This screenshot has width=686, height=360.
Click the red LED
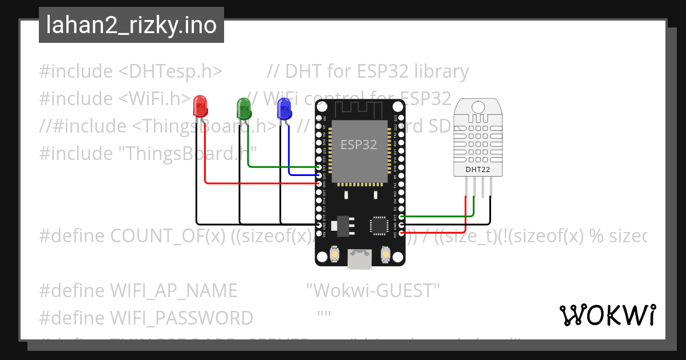(200, 106)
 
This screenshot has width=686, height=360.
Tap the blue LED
(284, 108)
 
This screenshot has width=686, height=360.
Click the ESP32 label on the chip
(359, 145)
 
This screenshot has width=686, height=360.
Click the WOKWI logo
(607, 315)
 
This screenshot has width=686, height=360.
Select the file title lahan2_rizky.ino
(131, 25)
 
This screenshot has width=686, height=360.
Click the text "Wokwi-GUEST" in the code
(373, 291)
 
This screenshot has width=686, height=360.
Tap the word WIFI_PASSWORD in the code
(181, 318)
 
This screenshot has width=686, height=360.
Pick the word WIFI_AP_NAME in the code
(173, 291)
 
